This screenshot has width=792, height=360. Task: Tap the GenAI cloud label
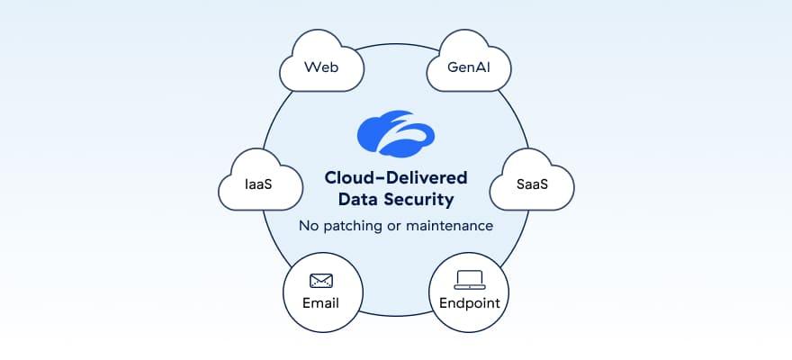469,67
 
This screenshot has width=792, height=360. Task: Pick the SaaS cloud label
532,184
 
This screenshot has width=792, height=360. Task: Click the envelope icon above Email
321,281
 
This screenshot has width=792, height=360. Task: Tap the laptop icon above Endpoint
469,280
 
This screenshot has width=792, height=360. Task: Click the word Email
321,302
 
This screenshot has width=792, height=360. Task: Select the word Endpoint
469,302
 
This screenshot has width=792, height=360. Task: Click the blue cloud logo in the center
396,133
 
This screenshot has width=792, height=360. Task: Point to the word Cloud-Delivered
396,178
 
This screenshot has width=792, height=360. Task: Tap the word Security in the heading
422,199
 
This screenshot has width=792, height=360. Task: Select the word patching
354,226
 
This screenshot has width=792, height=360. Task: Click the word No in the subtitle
309,226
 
